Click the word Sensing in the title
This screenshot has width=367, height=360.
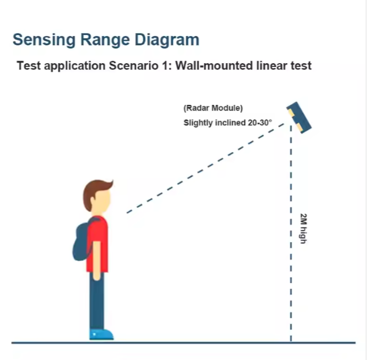point(44,40)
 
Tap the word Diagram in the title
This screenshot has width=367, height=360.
point(167,40)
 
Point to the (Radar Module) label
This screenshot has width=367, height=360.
point(213,108)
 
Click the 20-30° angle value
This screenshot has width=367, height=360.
point(260,123)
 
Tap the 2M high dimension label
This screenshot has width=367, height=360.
point(303,229)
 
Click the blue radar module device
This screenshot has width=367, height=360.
point(299,118)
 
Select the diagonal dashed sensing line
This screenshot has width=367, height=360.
point(205,168)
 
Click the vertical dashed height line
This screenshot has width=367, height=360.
point(291,233)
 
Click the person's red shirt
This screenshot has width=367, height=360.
point(97,244)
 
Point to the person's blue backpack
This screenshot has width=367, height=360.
point(82,241)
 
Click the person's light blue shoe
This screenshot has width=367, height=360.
point(101,334)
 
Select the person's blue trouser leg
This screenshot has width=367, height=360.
point(97,301)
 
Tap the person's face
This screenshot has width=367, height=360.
point(102,201)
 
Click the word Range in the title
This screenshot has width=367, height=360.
point(105,40)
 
